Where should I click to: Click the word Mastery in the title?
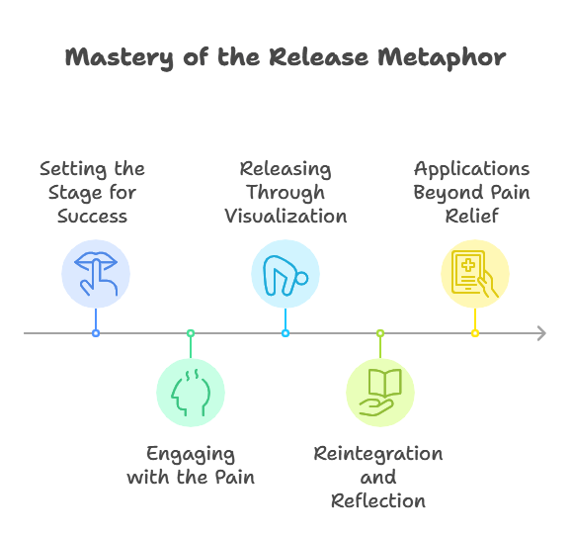click(120, 57)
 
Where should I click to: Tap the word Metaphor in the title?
click(442, 57)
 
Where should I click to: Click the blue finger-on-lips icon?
click(96, 274)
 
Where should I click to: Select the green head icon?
click(191, 393)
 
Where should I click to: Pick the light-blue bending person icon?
click(285, 275)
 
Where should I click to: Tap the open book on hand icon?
click(380, 393)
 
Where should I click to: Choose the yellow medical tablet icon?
click(474, 274)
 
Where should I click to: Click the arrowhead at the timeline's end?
click(542, 333)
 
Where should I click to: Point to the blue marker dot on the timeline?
click(96, 333)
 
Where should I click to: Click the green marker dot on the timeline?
click(191, 333)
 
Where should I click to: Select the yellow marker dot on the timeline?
click(475, 333)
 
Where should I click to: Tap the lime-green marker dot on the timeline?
click(380, 333)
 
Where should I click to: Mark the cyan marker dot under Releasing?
click(285, 333)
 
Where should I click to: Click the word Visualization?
click(285, 217)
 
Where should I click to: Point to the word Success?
click(93, 217)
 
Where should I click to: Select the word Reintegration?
click(378, 455)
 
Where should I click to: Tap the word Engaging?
click(191, 455)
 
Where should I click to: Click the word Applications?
click(472, 170)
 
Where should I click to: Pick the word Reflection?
click(378, 501)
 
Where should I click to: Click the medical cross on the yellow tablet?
click(468, 265)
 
